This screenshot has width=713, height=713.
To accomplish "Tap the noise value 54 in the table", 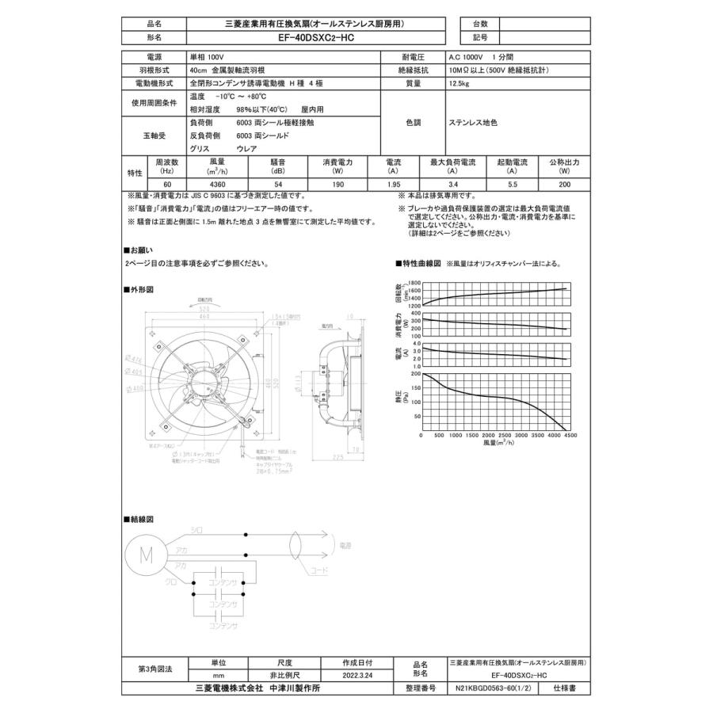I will coord(278,184).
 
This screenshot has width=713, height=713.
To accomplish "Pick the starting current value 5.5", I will coord(512,184).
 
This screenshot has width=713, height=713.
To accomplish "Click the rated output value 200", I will coord(563,184).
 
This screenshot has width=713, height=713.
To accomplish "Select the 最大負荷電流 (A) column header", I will coord(452,166).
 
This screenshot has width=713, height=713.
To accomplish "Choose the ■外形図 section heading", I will coord(138,290).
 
